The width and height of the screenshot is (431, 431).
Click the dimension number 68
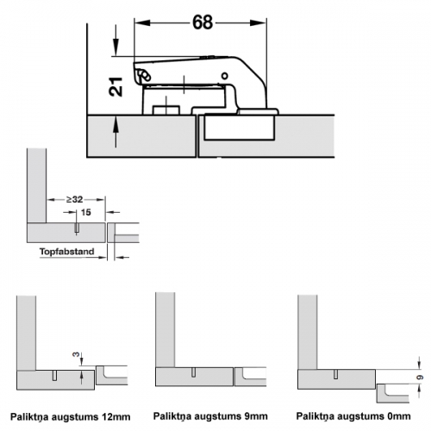click(x=203, y=22)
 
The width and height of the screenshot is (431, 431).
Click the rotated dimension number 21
click(x=116, y=86)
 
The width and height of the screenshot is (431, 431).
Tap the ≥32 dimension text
click(x=75, y=199)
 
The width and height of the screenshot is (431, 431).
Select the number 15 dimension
click(x=85, y=212)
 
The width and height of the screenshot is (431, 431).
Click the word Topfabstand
click(x=67, y=252)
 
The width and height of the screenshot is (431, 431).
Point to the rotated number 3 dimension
click(x=76, y=354)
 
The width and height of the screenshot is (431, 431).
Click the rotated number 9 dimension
click(x=420, y=378)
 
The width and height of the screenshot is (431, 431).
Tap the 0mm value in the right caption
click(x=398, y=416)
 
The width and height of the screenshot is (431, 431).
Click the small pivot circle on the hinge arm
click(x=224, y=76)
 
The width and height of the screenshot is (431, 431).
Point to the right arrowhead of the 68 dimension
click(x=259, y=22)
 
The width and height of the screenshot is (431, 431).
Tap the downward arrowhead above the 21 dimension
click(x=116, y=47)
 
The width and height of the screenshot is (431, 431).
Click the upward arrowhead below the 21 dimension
click(x=116, y=124)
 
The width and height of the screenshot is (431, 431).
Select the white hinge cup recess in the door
click(x=239, y=128)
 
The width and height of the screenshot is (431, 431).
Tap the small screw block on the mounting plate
click(x=166, y=110)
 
